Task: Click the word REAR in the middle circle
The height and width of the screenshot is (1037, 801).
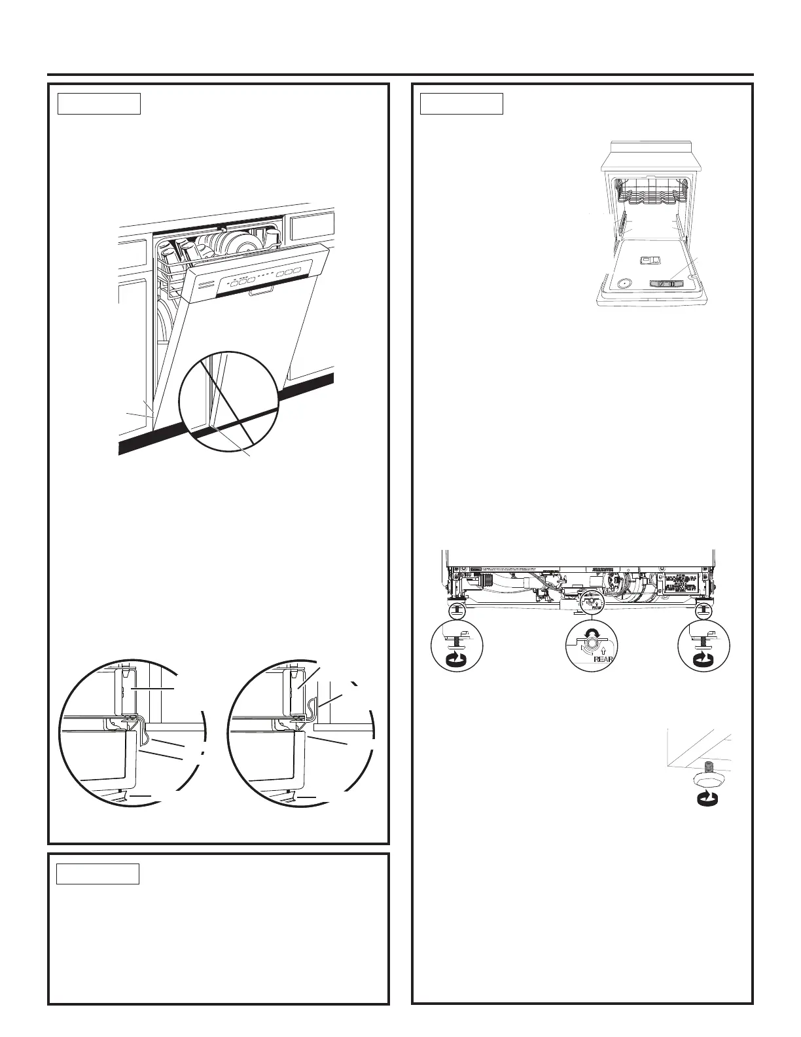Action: (x=603, y=659)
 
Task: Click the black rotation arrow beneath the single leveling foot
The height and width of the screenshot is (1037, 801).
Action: (x=707, y=797)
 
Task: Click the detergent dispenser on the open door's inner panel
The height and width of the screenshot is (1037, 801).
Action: (x=650, y=261)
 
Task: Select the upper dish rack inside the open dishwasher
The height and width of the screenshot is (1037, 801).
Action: (x=650, y=194)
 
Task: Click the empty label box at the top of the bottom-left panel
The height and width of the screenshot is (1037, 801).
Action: (x=98, y=874)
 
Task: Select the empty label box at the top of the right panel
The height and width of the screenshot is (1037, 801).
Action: (x=461, y=103)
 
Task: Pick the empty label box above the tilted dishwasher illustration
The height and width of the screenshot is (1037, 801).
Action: (x=99, y=103)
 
